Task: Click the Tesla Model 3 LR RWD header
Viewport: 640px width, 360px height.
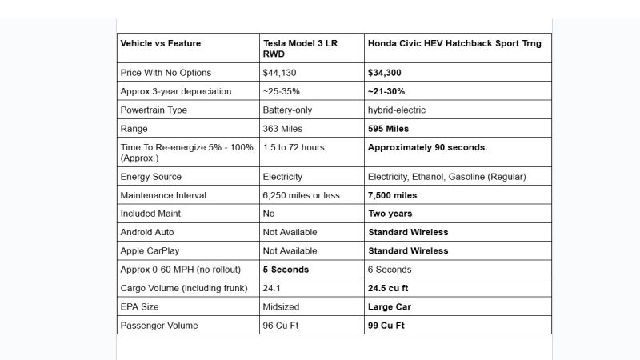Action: point(300,48)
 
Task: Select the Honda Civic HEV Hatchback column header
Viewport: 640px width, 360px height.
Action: point(454,43)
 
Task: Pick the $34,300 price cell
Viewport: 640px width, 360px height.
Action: point(384,72)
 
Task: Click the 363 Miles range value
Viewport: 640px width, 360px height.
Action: point(284,128)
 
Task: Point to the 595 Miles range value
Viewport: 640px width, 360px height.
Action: point(388,128)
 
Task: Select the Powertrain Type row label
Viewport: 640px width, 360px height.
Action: point(156,110)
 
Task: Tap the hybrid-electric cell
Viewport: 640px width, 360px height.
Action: point(397,110)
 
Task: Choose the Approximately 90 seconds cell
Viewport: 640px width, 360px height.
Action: point(427,147)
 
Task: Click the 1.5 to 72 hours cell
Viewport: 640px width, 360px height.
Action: point(294,147)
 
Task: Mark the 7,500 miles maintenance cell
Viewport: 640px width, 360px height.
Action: point(392,194)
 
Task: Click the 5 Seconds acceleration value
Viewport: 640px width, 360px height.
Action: point(286,270)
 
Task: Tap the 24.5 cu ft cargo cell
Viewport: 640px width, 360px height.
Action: point(389,288)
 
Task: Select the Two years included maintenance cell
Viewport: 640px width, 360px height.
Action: point(390,214)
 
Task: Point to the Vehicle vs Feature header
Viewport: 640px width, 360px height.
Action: point(161,43)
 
